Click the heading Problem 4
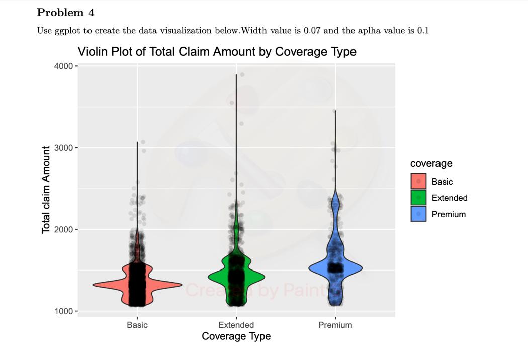click(65, 13)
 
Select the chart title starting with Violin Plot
click(217, 52)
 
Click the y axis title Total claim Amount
click(46, 190)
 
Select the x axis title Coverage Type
click(236, 336)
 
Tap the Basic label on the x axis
click(137, 325)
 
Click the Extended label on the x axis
click(236, 325)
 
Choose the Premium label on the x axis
click(335, 325)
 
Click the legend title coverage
click(431, 163)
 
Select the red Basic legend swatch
click(418, 182)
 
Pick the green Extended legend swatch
click(418, 198)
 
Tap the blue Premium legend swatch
click(418, 214)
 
